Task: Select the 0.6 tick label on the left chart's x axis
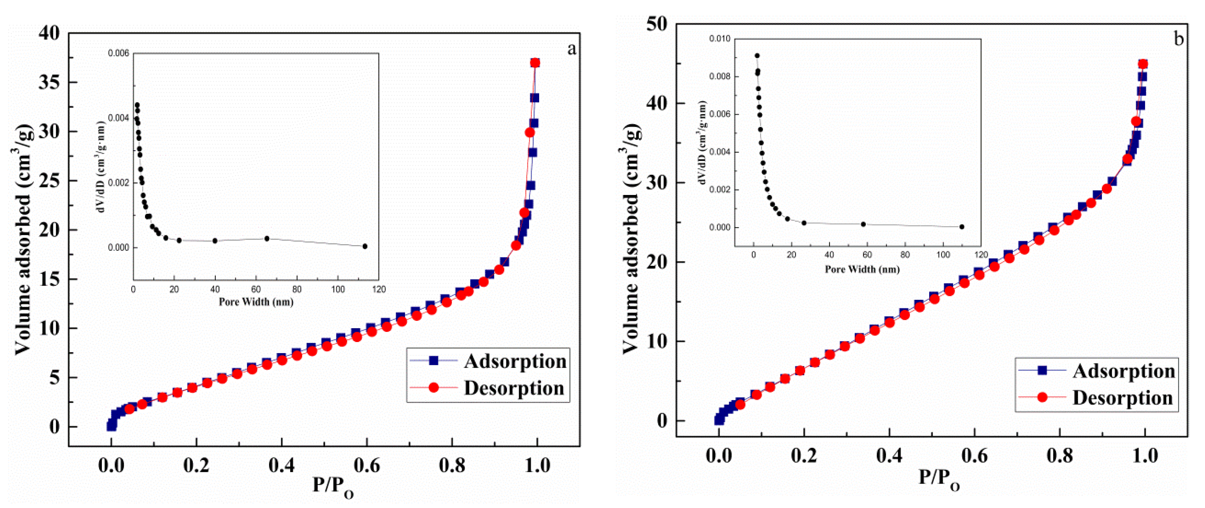point(367,465)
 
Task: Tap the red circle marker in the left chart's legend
point(434,388)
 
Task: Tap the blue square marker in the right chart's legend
point(1042,370)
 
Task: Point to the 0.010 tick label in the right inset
point(720,39)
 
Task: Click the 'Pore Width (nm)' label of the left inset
point(256,302)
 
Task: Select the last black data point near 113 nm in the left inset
point(365,246)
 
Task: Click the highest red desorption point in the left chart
point(535,63)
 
